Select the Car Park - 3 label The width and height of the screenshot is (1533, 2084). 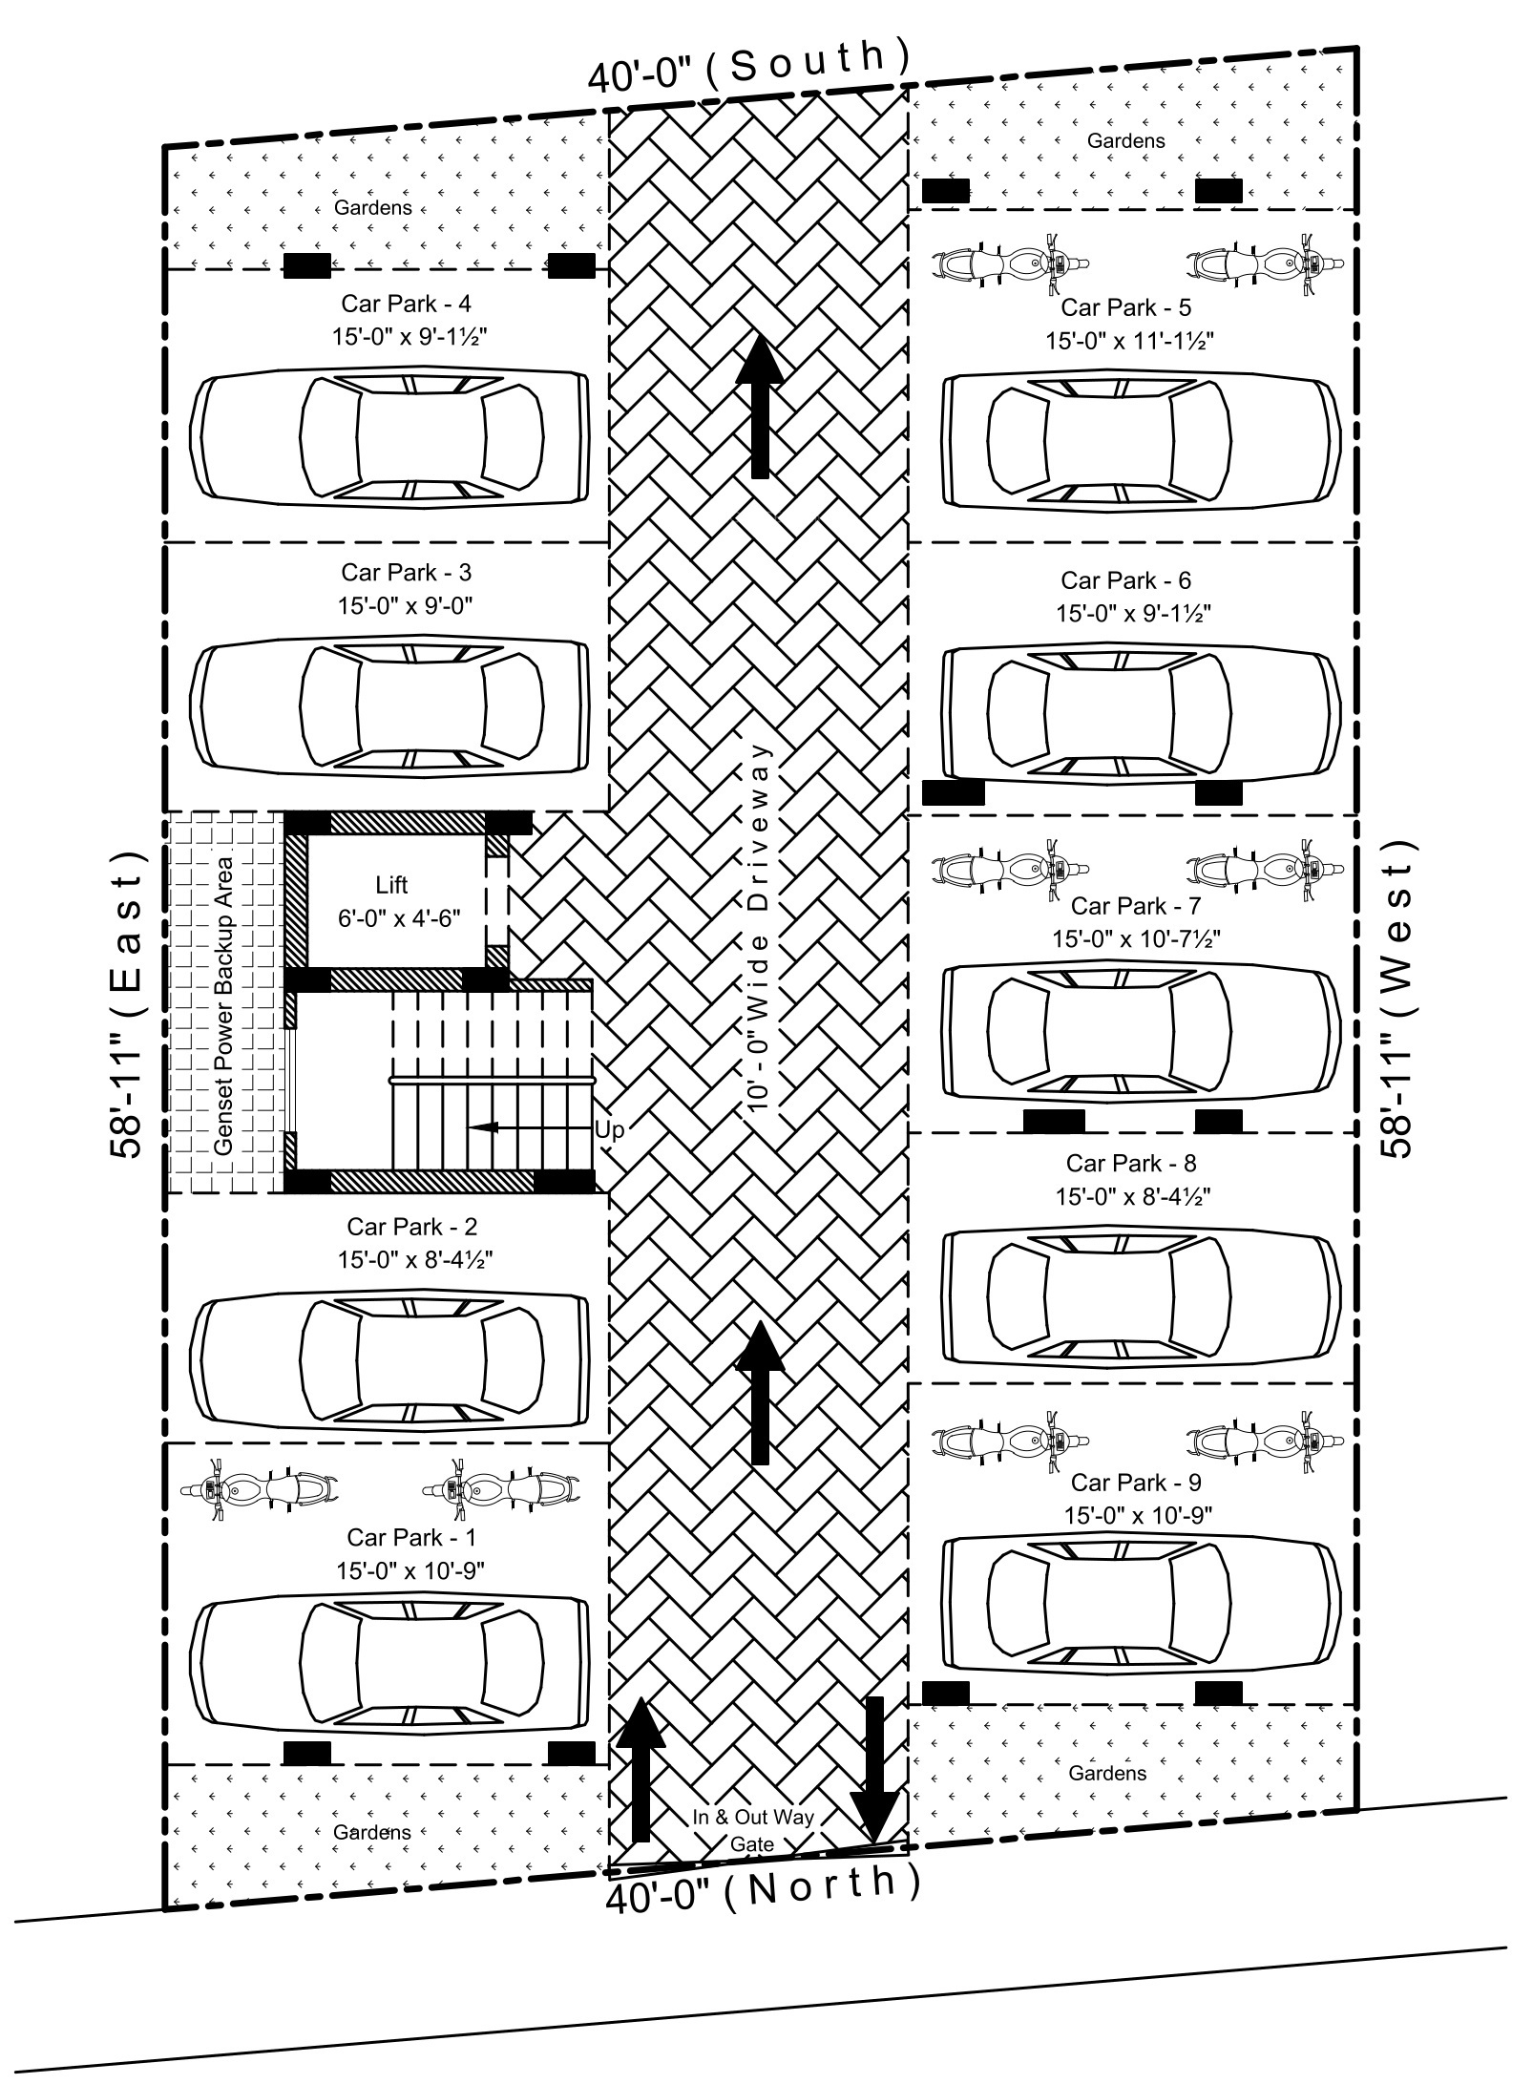(406, 572)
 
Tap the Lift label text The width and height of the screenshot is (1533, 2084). (391, 884)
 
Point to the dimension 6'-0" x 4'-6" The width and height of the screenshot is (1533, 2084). (399, 918)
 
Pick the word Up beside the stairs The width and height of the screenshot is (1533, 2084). (609, 1129)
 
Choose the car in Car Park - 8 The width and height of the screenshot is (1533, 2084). (1136, 1295)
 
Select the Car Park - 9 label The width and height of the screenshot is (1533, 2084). (1135, 1482)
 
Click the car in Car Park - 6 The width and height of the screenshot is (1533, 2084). (1136, 713)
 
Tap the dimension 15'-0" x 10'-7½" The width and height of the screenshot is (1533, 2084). (1136, 938)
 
